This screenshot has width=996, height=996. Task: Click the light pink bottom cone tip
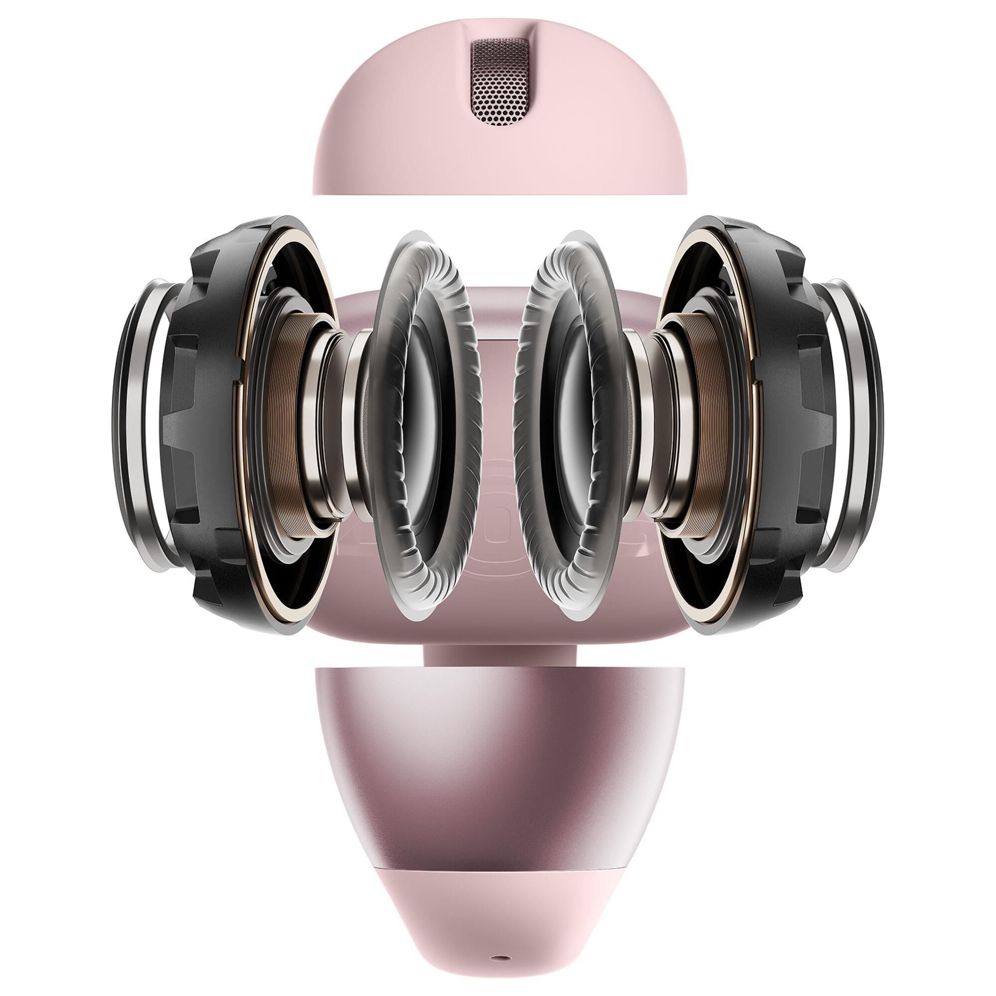(498, 897)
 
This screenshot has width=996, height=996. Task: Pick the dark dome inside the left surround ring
(423, 428)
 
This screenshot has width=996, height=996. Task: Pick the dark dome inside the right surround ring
(572, 428)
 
